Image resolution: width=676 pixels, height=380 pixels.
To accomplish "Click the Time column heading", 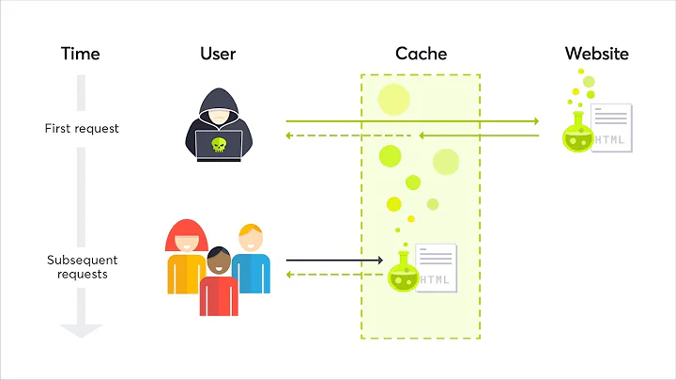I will [x=80, y=53].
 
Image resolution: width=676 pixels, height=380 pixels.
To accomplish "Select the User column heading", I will [x=218, y=53].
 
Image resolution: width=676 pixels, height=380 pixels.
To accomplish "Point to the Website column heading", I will [x=596, y=53].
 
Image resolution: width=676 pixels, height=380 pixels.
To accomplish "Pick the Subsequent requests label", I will [x=81, y=267].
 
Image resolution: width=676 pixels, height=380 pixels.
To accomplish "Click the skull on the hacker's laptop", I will [x=218, y=145].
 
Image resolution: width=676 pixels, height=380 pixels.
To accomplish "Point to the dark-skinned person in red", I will [x=218, y=282].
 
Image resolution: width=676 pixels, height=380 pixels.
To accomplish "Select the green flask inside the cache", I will [x=404, y=273].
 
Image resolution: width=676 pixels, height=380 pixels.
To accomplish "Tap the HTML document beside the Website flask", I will [x=610, y=126].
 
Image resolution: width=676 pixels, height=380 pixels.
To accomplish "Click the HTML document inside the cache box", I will [x=436, y=267].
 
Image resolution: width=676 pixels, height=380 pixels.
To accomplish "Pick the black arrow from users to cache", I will [x=334, y=260].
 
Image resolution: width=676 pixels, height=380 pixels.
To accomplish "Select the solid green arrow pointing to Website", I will [x=413, y=121].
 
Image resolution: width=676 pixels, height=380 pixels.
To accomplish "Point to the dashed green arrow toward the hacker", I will [x=347, y=135].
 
